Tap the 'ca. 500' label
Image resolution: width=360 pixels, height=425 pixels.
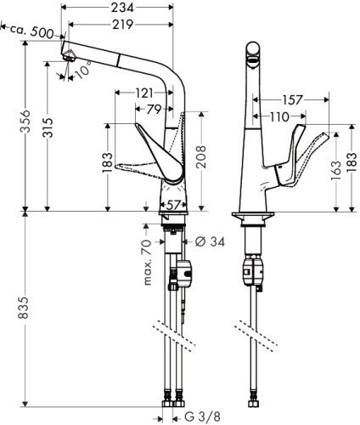33,32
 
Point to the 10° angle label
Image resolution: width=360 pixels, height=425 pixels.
82,72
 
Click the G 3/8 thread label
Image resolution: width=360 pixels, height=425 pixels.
204,416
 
